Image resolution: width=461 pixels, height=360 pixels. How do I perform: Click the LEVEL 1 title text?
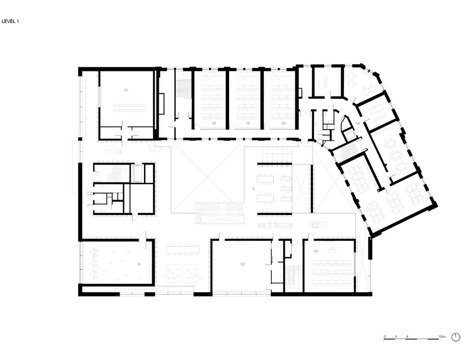pyautogui.click(x=10, y=22)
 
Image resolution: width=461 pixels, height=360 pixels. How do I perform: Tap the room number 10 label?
pyautogui.click(x=126, y=90)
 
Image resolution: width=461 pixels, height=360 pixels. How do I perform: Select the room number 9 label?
pyautogui.click(x=139, y=264)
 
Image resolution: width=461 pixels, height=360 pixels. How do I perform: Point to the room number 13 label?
pyautogui.click(x=243, y=264)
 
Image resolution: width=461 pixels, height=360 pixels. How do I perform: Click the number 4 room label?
pyautogui.click(x=254, y=189)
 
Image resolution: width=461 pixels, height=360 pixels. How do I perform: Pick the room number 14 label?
pyautogui.click(x=358, y=123)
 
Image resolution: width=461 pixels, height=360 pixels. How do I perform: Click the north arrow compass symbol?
pyautogui.click(x=456, y=336)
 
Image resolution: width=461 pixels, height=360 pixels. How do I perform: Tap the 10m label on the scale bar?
pyautogui.click(x=442, y=336)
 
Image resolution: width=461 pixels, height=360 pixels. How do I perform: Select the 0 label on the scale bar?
pyautogui.click(x=385, y=336)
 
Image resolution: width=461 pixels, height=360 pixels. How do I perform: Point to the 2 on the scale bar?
pyautogui.click(x=396, y=336)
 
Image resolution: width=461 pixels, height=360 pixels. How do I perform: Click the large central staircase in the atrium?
pyautogui.click(x=220, y=213)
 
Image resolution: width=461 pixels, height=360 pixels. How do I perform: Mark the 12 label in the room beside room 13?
pyautogui.click(x=316, y=251)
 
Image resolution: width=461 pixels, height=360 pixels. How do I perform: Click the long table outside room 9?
pyautogui.click(x=182, y=250)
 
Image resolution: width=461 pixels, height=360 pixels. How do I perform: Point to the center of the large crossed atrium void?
pyautogui.click(x=207, y=180)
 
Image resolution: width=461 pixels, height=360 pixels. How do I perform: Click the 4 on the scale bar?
pyautogui.click(x=407, y=336)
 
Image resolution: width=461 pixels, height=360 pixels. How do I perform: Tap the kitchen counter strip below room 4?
pyautogui.click(x=275, y=226)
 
